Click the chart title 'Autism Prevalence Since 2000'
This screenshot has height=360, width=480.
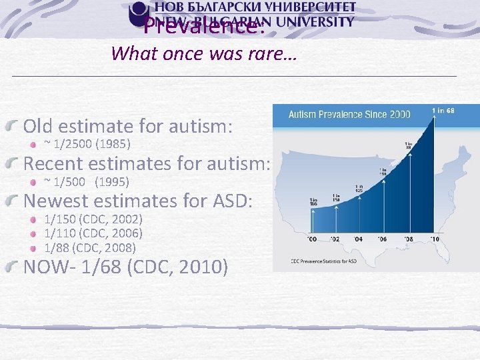pos(349,114)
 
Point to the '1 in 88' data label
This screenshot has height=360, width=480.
pos(408,145)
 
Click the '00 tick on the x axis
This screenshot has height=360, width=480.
pos(311,238)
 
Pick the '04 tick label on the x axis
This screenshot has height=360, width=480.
pos(358,238)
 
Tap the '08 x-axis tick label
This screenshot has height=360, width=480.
pos(407,238)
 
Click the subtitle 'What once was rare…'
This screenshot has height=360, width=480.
pos(203,53)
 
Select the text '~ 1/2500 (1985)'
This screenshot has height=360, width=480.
pos(87,143)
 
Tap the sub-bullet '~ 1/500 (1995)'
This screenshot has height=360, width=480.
pos(87,181)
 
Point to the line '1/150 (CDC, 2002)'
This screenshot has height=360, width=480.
pos(93,219)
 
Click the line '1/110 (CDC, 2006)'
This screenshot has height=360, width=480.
pos(93,233)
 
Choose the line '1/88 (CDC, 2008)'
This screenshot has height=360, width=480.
pos(90,247)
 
